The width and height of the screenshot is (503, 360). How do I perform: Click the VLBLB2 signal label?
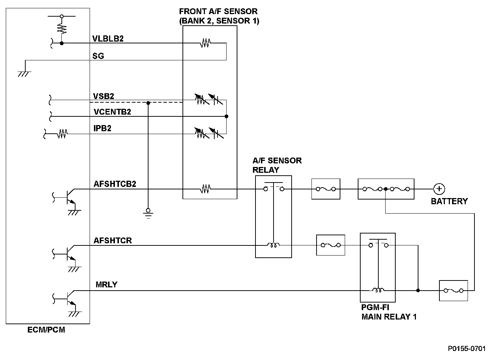coord(108,39)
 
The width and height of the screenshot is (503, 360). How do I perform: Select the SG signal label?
coord(98,56)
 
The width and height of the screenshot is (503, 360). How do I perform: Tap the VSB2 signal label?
coord(103,96)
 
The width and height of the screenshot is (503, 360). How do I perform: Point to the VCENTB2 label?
coord(112,112)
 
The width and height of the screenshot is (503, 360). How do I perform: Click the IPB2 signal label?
coord(102,128)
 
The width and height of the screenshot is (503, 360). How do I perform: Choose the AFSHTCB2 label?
coord(115,184)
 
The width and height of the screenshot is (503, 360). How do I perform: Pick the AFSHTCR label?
coord(112,240)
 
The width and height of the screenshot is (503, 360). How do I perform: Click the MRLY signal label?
coord(106,284)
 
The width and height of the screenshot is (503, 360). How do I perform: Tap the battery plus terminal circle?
coord(439,189)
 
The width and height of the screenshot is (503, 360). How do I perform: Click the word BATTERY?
coord(449,201)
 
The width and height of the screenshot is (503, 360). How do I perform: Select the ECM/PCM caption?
coord(46,330)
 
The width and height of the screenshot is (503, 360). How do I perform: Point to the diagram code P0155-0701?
coord(467,349)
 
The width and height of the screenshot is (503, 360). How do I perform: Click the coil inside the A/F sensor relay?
coord(273,245)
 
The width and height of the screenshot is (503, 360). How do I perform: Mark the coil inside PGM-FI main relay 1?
coord(378,290)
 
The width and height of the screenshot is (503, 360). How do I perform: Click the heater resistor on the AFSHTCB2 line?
coord(205,189)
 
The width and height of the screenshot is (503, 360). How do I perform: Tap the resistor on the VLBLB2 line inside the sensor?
coord(205,43)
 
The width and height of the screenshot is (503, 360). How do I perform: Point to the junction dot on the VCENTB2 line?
coord(227,116)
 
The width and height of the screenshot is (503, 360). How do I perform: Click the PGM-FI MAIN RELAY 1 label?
coord(389,312)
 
